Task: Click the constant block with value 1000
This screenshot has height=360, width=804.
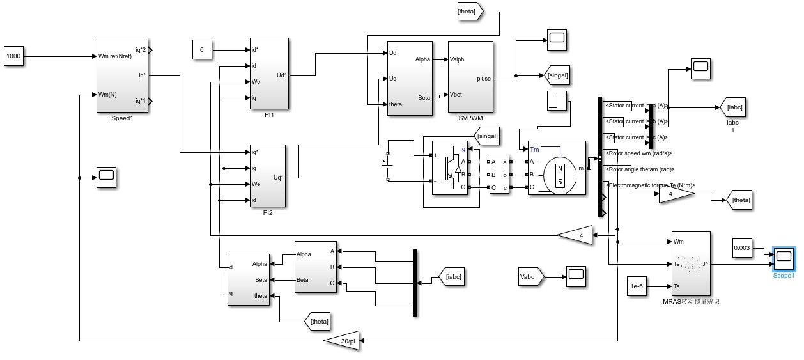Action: tap(13, 56)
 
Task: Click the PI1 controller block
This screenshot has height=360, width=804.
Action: tap(268, 74)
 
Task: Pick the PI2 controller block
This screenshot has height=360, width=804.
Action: tap(267, 176)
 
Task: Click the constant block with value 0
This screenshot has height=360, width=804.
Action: tap(202, 49)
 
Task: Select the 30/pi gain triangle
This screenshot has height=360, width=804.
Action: tap(343, 341)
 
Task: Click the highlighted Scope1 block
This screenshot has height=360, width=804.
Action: tap(784, 258)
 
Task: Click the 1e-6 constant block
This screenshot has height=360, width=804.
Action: tap(637, 286)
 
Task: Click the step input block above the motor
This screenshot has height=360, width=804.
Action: tap(558, 100)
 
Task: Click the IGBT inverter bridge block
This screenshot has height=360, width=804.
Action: tap(451, 168)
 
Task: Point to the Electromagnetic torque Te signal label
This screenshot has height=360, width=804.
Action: tap(650, 185)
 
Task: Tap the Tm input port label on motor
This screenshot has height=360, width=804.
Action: tap(534, 150)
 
